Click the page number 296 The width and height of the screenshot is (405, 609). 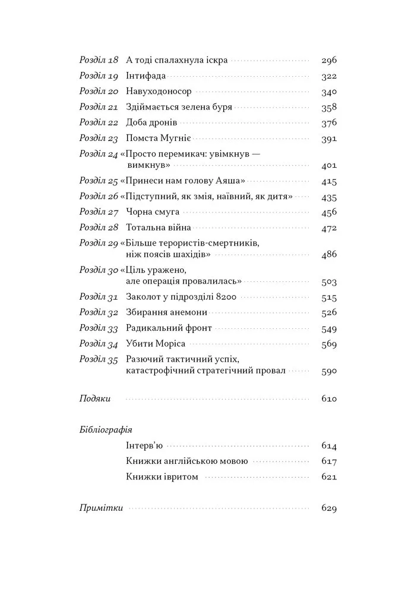tap(328, 61)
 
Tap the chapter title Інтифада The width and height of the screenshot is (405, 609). tap(146, 76)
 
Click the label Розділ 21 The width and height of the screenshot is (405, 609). tap(99, 108)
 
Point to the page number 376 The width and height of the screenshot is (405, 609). tap(328, 123)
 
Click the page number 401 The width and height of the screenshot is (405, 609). tap(328, 165)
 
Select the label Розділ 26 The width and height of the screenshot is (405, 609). tap(99, 196)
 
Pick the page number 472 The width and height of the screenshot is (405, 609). tap(328, 228)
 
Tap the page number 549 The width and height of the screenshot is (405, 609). tap(328, 329)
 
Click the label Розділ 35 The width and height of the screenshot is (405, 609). tap(99, 360)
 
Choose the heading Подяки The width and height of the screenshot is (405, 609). tap(95, 399)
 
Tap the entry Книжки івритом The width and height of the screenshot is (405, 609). tap(162, 476)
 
